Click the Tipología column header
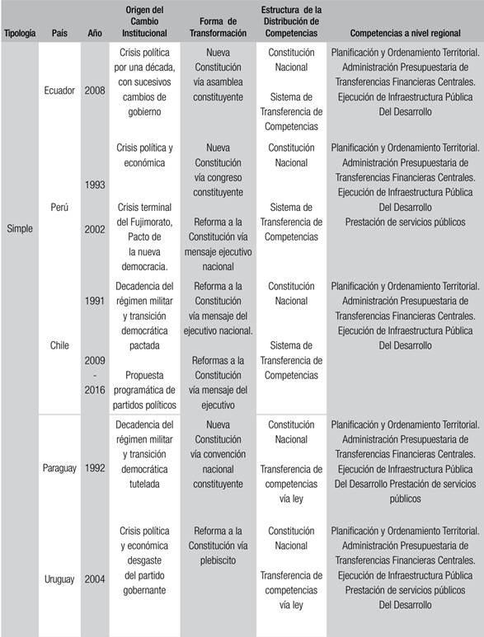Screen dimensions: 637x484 (x=19, y=34)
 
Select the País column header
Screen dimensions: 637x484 (x=59, y=34)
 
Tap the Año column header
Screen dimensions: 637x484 (x=95, y=34)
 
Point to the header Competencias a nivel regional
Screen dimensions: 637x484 (x=405, y=34)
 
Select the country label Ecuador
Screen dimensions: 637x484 (x=59, y=90)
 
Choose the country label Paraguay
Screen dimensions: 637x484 (x=59, y=468)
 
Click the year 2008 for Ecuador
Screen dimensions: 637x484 (x=95, y=90)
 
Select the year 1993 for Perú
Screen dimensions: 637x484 (x=95, y=185)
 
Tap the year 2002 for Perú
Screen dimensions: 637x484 (x=95, y=229)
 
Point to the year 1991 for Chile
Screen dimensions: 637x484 (x=95, y=301)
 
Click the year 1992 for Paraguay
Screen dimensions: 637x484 (x=95, y=468)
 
